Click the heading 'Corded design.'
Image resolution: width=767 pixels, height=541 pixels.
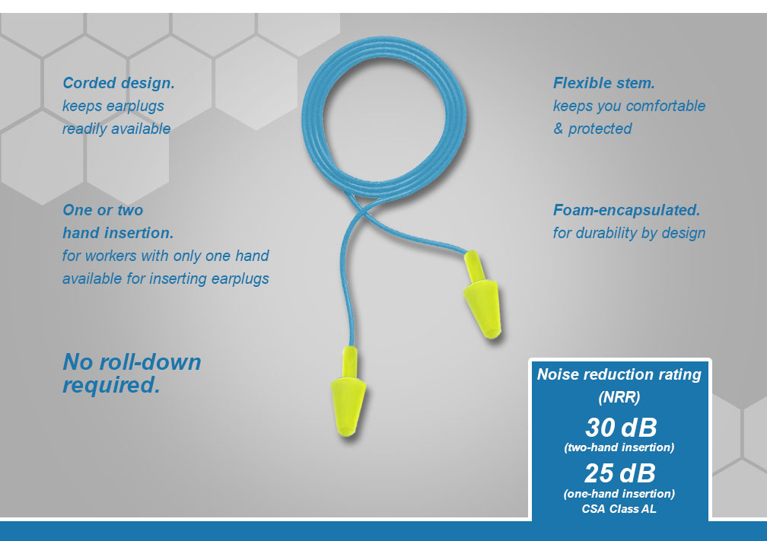coord(113,83)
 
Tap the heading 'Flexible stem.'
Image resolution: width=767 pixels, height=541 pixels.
coord(603,83)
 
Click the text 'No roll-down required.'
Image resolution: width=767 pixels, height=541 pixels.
coord(132,373)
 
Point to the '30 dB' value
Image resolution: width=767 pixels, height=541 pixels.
coord(620,426)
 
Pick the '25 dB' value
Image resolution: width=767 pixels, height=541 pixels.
coord(619,473)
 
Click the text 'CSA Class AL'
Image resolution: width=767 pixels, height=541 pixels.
coord(619,509)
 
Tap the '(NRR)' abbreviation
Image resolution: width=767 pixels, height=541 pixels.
coord(619,397)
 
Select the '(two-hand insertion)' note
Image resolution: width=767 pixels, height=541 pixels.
coord(619,447)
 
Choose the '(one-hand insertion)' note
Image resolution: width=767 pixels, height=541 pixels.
coord(619,494)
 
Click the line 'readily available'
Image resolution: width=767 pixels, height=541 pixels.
coord(116,129)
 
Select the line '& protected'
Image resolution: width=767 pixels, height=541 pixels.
coord(592,129)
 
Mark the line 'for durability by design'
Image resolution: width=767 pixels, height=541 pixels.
coord(629,233)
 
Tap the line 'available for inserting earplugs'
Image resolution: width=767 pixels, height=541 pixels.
coord(166,278)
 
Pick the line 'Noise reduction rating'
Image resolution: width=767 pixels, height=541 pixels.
coord(619,374)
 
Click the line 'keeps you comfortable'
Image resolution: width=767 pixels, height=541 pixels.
coord(629,106)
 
